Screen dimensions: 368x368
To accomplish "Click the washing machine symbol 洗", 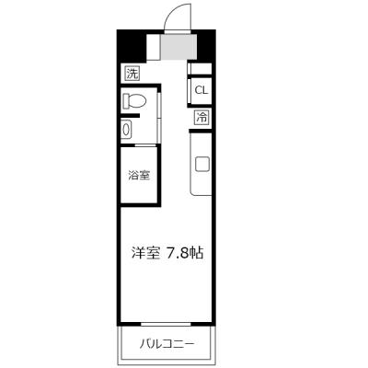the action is (132, 74).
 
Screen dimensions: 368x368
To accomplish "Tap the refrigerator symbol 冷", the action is (201, 118).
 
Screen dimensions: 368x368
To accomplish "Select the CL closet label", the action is (201, 90).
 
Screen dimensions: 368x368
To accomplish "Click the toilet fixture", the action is (134, 101).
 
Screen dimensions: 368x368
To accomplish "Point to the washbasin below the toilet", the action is (126, 130).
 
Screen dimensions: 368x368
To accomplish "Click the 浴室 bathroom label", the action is (139, 176).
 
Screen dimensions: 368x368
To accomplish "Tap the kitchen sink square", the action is (202, 164).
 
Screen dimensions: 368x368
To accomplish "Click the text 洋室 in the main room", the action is (145, 253).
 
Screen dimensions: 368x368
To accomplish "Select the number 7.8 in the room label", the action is (177, 254).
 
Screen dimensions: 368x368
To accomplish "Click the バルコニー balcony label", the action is (167, 344).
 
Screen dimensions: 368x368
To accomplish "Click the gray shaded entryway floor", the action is (178, 47).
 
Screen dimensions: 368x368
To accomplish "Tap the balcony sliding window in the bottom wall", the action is (166, 324).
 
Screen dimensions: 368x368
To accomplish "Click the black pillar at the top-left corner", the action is (132, 45).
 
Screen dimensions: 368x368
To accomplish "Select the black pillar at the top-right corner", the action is (206, 46).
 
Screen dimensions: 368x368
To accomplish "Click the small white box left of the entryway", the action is (154, 47).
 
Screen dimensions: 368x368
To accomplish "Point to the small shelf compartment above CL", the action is (201, 69).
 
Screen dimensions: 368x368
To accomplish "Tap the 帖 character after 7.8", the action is (196, 253).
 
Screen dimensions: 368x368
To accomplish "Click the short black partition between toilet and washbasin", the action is (130, 116).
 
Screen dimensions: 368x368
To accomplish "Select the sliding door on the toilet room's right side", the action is (159, 117).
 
